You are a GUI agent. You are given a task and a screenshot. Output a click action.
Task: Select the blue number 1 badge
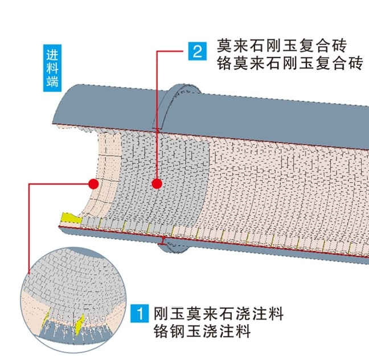click(x=140, y=313)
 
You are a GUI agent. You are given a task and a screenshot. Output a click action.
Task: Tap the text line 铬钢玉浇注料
click(x=202, y=332)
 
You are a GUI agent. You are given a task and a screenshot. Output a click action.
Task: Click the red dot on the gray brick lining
click(x=157, y=183)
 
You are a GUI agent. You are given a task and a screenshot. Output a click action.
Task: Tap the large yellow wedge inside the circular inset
click(x=80, y=322)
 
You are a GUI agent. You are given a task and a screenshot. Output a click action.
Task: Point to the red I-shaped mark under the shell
click(x=164, y=244)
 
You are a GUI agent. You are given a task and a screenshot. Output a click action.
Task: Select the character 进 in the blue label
click(x=52, y=56)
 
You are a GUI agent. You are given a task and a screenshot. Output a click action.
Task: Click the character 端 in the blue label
click(x=52, y=81)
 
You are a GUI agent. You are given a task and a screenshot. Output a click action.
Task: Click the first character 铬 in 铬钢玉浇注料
click(x=161, y=332)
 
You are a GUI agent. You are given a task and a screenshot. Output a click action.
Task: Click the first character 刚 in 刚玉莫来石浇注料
click(x=161, y=313)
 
